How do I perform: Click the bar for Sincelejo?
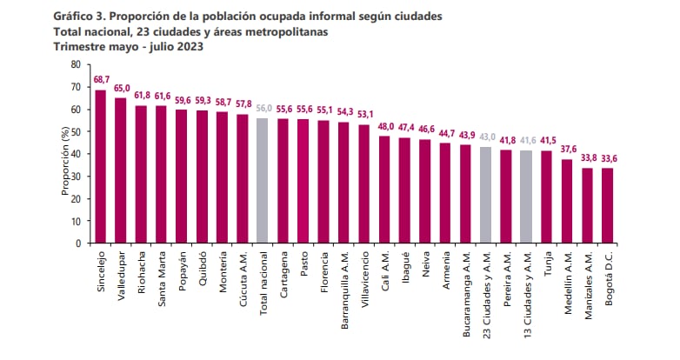100,166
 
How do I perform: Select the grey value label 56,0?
263,109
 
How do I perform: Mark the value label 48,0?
384,126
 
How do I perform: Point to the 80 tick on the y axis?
75,65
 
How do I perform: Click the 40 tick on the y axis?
75,154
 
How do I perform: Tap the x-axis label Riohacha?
142,270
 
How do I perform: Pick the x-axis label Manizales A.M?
589,283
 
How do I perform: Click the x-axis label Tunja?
548,263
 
